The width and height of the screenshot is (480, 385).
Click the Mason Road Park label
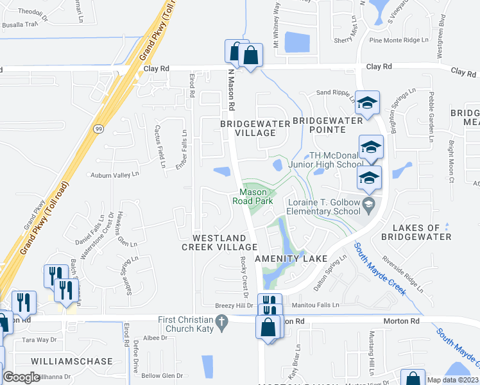point(253,196)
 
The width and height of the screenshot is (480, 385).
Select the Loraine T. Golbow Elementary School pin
point(368,205)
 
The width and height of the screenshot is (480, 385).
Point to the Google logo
point(21,377)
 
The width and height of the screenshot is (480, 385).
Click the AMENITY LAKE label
point(291,259)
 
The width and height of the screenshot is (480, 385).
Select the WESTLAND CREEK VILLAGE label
point(219,241)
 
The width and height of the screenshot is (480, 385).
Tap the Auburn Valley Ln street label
point(114,175)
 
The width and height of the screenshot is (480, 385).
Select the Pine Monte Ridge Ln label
point(399,40)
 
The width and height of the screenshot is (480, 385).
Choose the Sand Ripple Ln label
point(336,94)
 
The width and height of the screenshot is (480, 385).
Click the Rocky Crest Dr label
point(243,277)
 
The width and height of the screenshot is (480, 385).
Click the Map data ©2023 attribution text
point(452,380)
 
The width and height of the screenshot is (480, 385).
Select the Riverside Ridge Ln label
point(403,275)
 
